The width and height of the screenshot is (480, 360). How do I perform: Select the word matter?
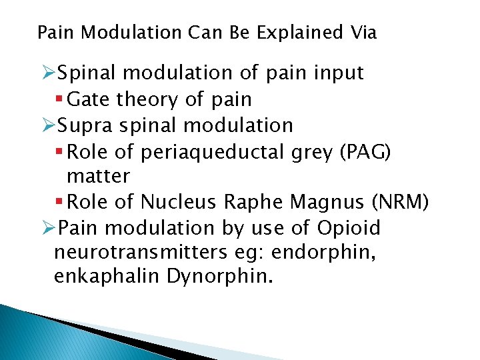pos(98,177)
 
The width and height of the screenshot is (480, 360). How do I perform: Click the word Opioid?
pos(348,228)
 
